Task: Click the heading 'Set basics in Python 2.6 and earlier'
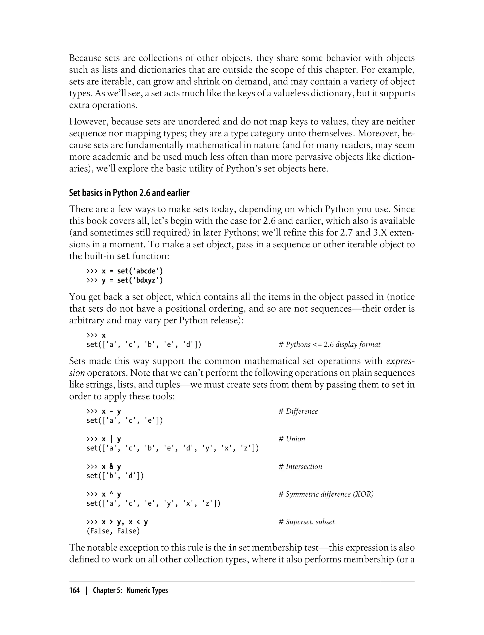tap(129, 193)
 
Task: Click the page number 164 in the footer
tap(74, 590)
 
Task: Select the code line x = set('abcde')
tap(132, 271)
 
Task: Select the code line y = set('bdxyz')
tap(132, 280)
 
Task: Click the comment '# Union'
tap(292, 439)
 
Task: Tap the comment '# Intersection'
tap(300, 467)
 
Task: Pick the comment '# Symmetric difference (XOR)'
tap(326, 494)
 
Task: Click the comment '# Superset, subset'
tap(306, 522)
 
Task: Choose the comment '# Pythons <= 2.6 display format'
tap(329, 345)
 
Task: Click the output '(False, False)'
tap(113, 531)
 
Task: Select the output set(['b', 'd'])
tap(115, 476)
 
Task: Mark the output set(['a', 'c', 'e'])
tap(125, 420)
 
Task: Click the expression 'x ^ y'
tap(111, 494)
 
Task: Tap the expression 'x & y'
tap(111, 467)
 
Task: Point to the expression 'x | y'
tap(111, 439)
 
